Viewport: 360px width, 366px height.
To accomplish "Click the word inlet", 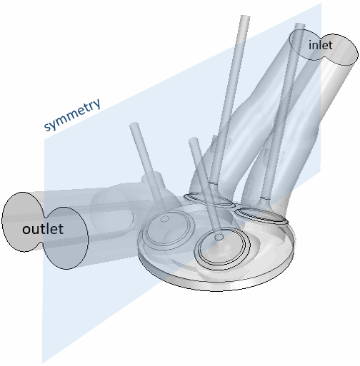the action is [x=320, y=45].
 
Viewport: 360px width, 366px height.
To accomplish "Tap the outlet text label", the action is [x=43, y=229].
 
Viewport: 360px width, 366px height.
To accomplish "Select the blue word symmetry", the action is [x=73, y=114].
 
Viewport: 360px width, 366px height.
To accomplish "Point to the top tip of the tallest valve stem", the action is [x=245, y=16].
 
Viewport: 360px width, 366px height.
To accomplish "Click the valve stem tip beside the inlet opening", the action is [x=300, y=25].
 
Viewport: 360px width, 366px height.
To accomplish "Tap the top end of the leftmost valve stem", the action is [x=134, y=124].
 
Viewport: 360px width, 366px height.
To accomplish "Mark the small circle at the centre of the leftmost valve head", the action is [x=164, y=219].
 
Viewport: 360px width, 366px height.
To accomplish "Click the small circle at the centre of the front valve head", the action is [x=219, y=237].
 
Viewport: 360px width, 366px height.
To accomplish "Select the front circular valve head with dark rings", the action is [x=222, y=248].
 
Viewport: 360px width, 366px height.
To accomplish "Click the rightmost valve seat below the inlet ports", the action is [x=261, y=215].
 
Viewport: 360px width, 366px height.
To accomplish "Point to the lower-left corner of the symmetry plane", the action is [x=42, y=363].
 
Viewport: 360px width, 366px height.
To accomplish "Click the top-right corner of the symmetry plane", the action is [x=321, y=4].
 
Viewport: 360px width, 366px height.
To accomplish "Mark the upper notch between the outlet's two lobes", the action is [x=46, y=213].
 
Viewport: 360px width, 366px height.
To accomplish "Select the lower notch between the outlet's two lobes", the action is [x=43, y=244].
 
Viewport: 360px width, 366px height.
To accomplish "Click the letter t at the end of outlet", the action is [x=61, y=229].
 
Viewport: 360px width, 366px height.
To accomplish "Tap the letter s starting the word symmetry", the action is [x=47, y=126].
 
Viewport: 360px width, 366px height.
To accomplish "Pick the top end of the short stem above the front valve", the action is [x=194, y=139].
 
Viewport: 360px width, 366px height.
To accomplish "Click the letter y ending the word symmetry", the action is [x=96, y=106].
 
